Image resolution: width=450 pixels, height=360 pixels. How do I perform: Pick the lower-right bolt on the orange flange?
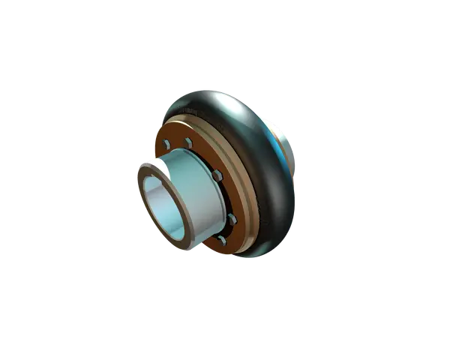[x=232, y=218]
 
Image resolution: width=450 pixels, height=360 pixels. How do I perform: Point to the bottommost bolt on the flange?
[x=222, y=241]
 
